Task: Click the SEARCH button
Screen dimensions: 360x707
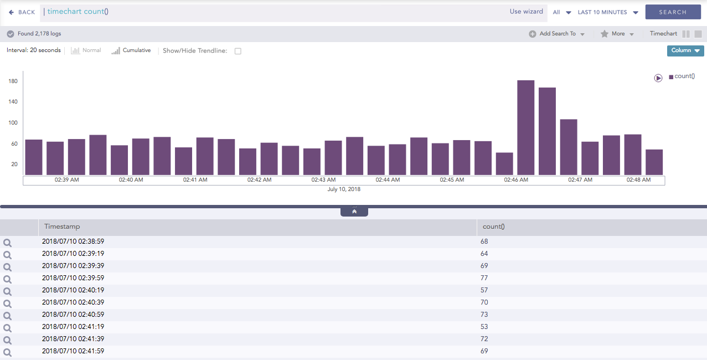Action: coord(673,12)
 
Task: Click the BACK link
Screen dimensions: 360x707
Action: coord(22,12)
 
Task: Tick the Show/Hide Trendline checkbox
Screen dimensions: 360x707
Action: coord(238,51)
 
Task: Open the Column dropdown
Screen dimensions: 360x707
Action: coord(685,50)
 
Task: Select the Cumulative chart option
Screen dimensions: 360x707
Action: coord(131,50)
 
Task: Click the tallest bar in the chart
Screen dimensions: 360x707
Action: coord(525,127)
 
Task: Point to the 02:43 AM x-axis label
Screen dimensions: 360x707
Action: coord(323,180)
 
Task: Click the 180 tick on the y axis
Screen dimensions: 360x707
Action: coord(13,81)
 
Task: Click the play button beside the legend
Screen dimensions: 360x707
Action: coord(658,78)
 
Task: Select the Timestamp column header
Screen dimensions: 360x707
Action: coord(62,227)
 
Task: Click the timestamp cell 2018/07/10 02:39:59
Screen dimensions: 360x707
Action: coord(73,278)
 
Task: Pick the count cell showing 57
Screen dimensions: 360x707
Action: coord(484,290)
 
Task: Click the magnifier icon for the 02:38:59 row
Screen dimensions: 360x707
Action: coord(7,243)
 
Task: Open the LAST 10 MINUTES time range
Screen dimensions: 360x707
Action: coord(607,12)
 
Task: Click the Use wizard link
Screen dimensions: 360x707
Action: coord(526,12)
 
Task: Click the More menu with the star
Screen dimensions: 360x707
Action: coord(617,34)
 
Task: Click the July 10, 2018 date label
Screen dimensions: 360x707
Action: coord(344,189)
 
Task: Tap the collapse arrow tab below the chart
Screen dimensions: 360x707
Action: coord(354,212)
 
